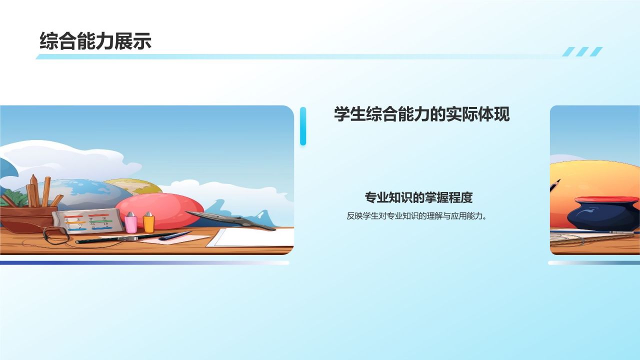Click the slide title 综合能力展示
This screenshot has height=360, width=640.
95,41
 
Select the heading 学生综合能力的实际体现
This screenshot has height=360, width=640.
421,114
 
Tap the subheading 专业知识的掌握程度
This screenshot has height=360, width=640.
418,197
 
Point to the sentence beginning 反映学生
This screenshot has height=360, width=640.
416,216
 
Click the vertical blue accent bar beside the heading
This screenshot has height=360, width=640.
303,126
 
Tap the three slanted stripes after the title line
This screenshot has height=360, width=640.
582,51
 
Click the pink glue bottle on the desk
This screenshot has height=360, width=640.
131,222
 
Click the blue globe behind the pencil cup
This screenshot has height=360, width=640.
85,192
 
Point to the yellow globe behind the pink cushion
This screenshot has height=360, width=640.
132,186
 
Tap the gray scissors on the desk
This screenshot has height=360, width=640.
230,219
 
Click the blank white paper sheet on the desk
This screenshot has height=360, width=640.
252,237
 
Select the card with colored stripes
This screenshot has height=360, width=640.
87,220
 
